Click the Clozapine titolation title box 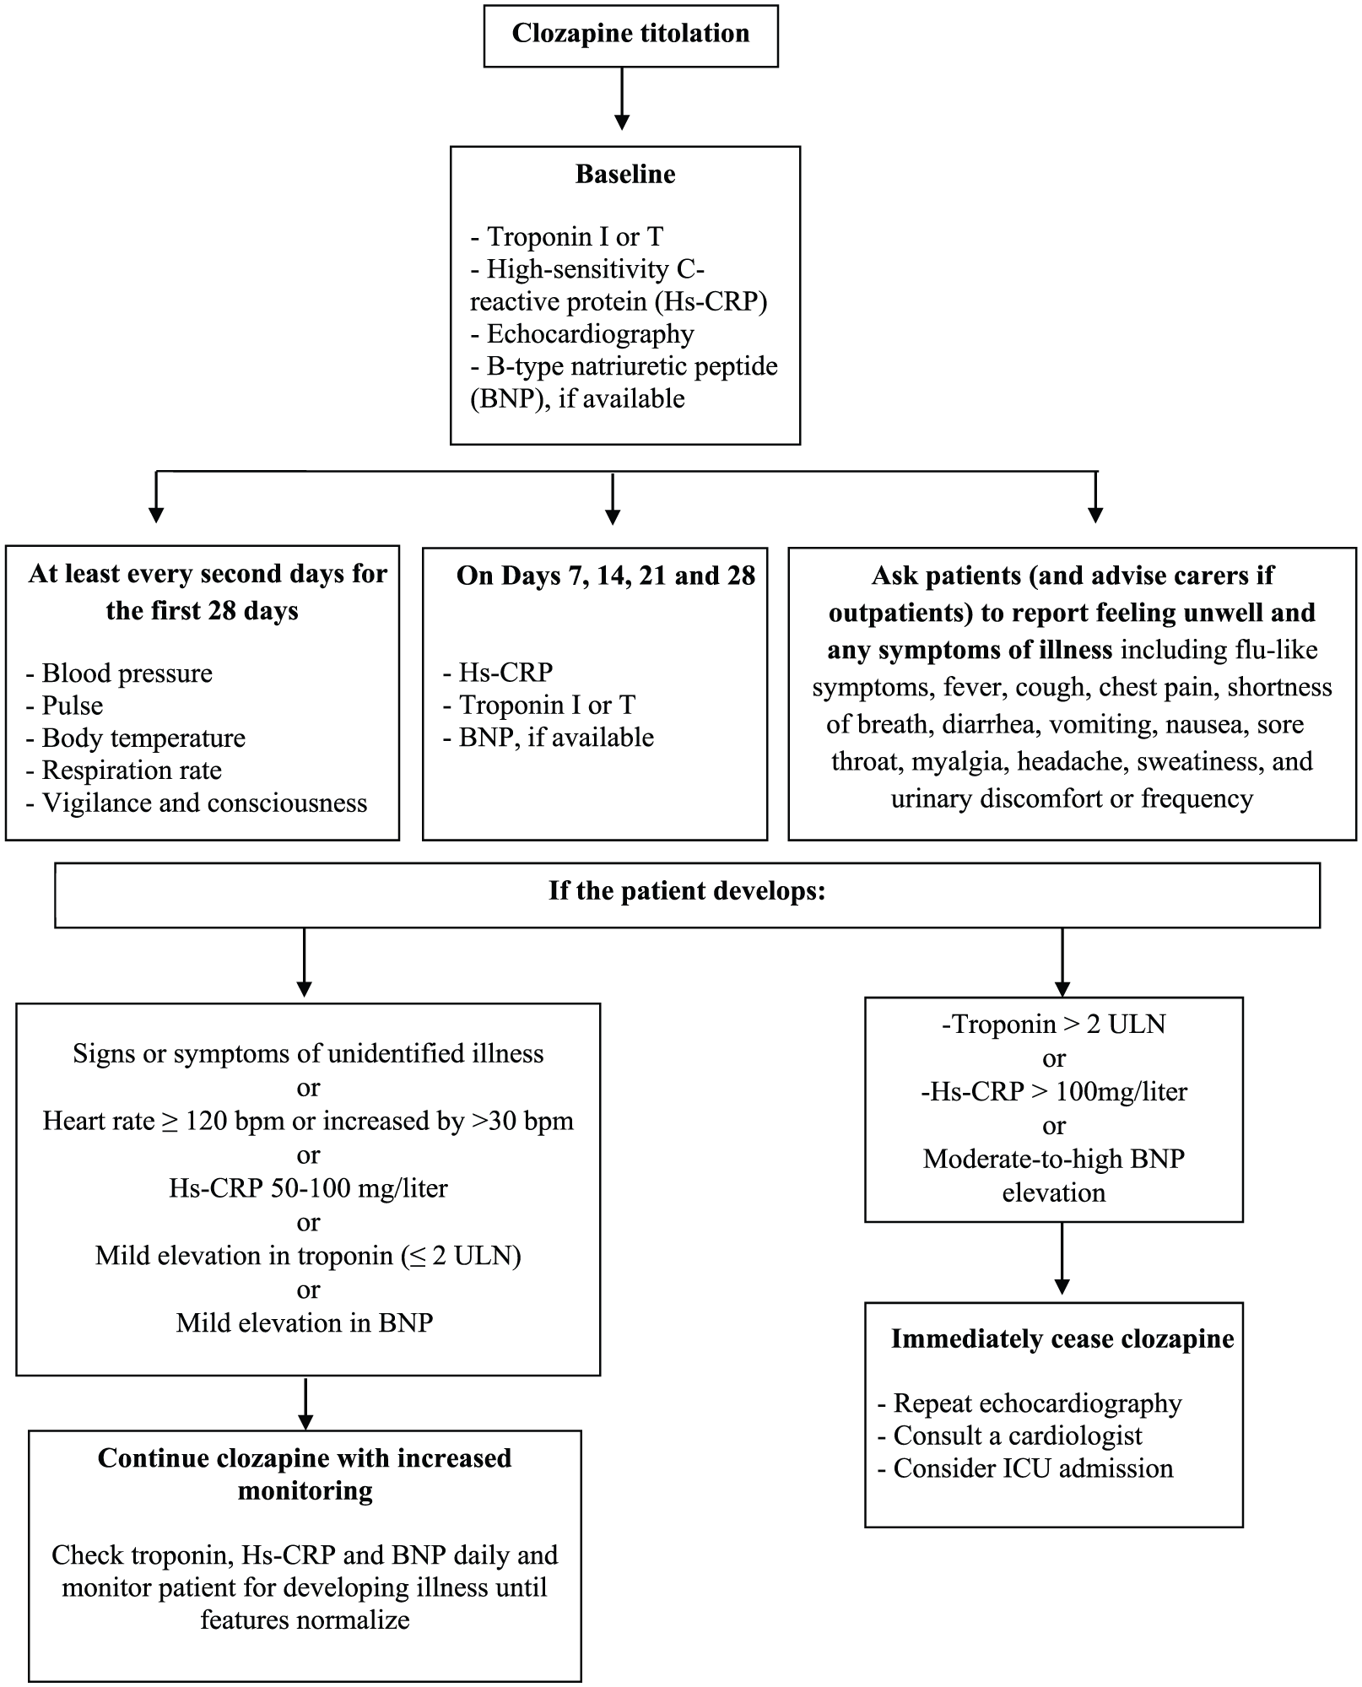coord(630,35)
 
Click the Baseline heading coord(625,174)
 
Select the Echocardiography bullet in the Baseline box coord(582,334)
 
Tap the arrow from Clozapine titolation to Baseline coord(622,99)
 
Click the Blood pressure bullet coord(119,673)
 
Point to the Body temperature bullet coord(135,738)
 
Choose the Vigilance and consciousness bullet coord(197,803)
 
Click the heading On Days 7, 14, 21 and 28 coord(606,576)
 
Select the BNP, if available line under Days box coord(549,738)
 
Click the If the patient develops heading coord(687,891)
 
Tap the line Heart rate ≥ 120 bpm coord(308,1121)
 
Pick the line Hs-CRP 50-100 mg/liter coord(308,1188)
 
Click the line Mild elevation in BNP coord(305,1322)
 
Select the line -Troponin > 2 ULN coord(1053,1025)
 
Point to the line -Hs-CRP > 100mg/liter coord(1054,1092)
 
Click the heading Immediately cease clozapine coord(1062,1339)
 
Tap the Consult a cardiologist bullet coord(1010,1436)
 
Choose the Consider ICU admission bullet coord(1025,1469)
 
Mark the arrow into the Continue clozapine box coord(306,1403)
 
